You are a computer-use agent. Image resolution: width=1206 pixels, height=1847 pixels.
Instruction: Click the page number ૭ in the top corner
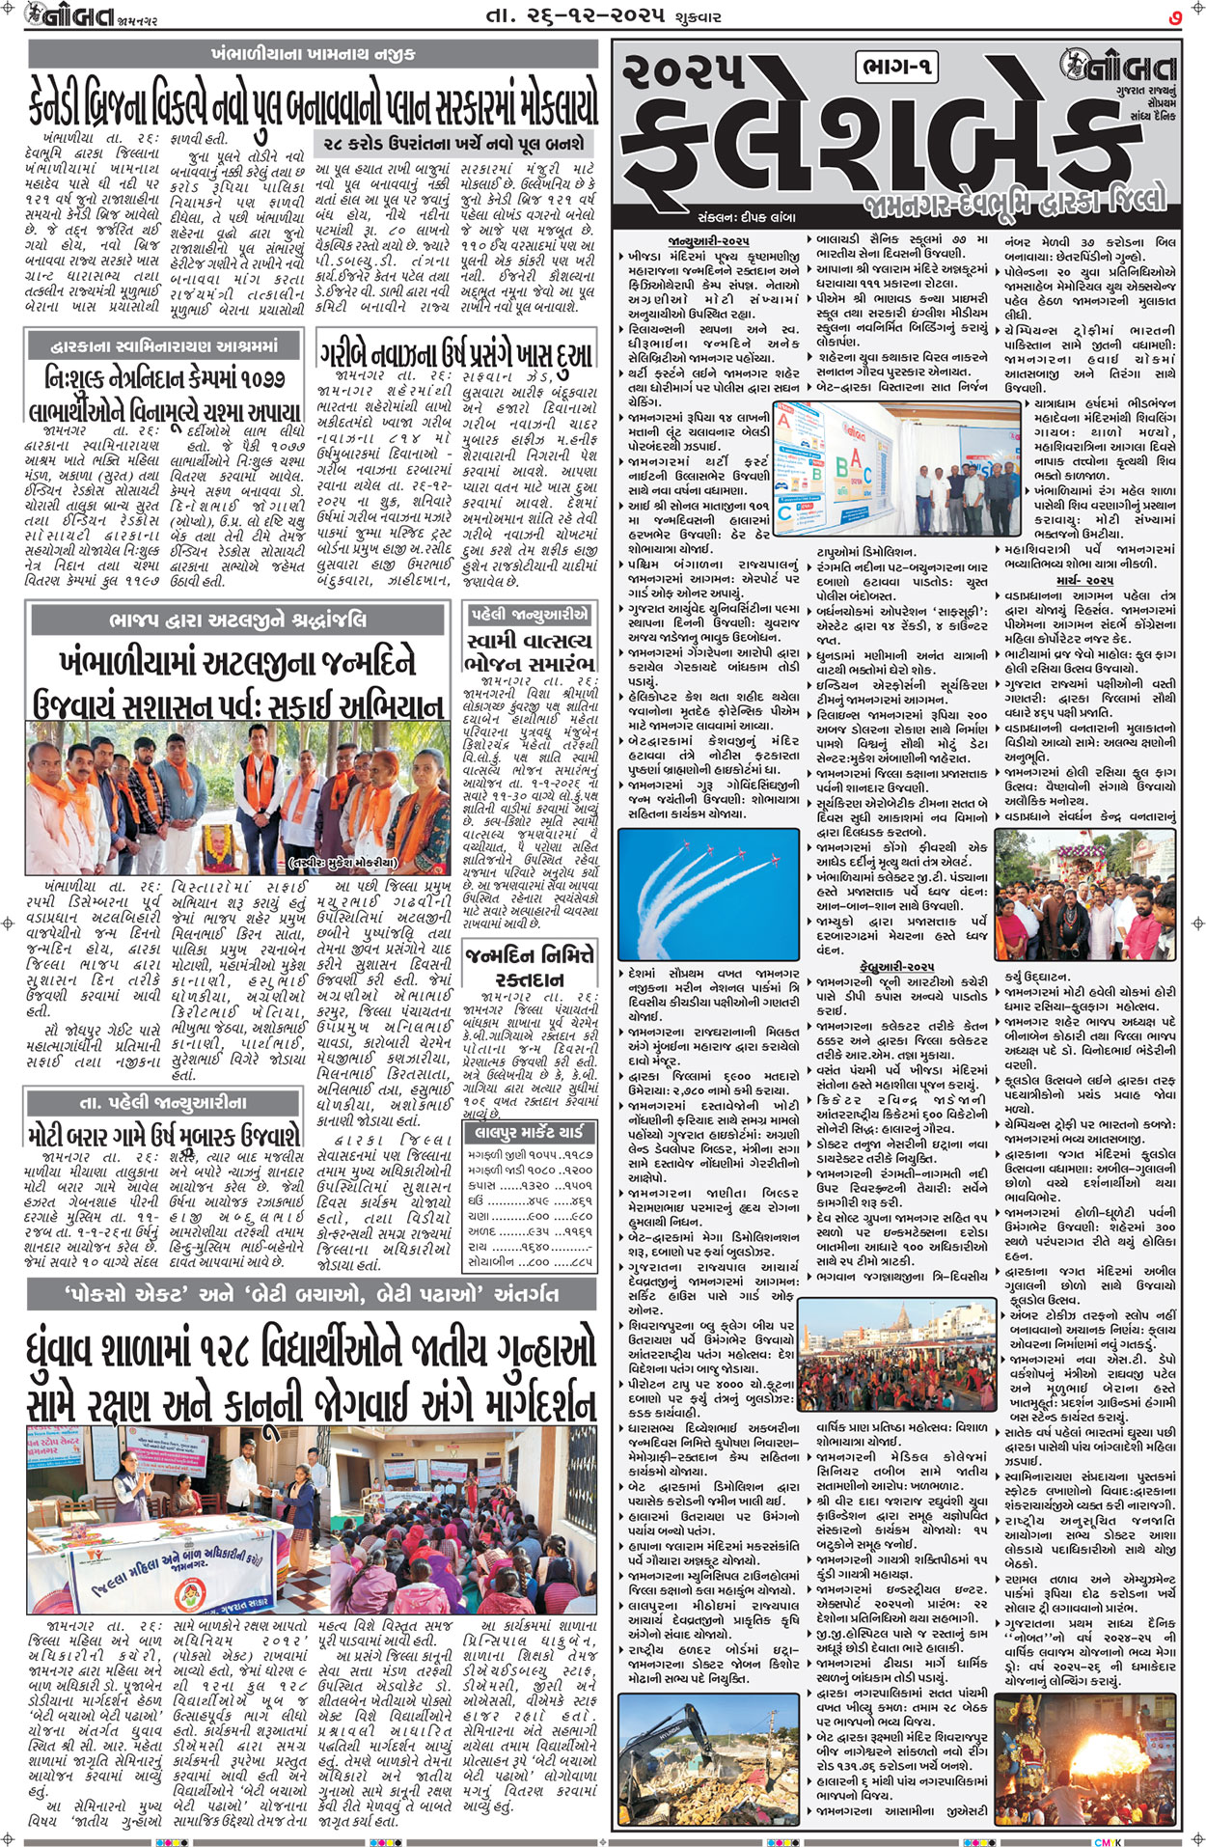click(x=1173, y=16)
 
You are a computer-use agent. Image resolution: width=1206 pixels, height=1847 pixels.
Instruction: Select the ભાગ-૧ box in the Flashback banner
click(x=896, y=67)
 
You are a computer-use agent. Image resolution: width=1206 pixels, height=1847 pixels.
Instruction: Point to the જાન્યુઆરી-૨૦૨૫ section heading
click(x=708, y=240)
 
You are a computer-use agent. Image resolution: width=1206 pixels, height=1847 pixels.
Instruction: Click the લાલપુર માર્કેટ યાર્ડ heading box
click(x=529, y=1133)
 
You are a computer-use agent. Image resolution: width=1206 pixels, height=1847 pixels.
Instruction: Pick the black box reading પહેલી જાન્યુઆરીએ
click(x=529, y=615)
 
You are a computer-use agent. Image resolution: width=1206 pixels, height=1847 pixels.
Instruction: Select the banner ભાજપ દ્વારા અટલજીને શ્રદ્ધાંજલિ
click(x=237, y=619)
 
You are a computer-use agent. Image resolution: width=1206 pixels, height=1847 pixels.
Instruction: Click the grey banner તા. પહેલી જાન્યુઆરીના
click(x=163, y=1102)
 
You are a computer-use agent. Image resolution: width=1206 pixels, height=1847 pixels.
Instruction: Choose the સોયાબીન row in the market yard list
click(x=529, y=1261)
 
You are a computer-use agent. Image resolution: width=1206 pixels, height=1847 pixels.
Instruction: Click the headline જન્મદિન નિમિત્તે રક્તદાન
click(x=529, y=967)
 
